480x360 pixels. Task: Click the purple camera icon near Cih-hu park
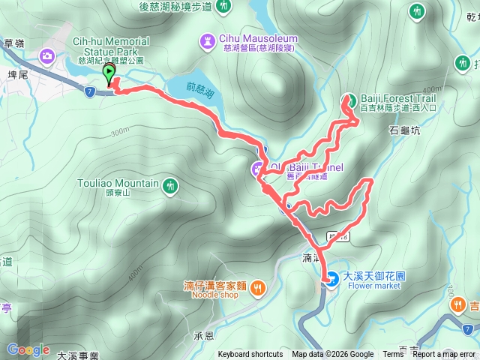coord(46,55)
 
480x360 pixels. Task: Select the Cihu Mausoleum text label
coord(258,38)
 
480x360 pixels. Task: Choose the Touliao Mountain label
coord(118,183)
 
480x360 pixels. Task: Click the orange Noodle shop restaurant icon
coord(257,286)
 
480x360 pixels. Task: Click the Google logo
coord(28,349)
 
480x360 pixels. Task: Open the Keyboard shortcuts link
coord(250,355)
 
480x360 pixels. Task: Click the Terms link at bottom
coord(393,355)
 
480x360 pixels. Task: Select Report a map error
coord(444,355)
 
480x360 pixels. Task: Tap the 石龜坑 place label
coord(406,130)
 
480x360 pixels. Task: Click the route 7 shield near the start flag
coord(89,91)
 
